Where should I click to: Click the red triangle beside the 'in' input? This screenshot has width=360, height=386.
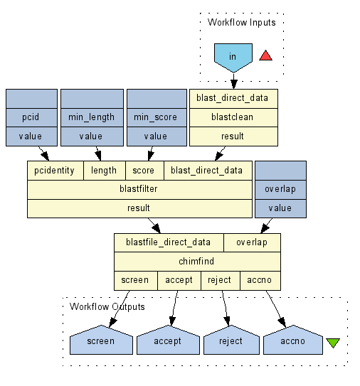265,56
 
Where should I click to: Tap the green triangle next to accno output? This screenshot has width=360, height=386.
333,343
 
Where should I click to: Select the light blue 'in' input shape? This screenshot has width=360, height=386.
233,58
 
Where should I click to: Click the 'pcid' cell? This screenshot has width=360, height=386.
31,117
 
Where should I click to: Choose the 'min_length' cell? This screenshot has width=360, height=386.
92,117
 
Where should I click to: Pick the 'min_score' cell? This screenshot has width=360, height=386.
157,117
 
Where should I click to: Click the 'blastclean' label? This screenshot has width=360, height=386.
232,117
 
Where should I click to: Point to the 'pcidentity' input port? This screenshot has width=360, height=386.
55,171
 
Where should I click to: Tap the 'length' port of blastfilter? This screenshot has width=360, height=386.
105,171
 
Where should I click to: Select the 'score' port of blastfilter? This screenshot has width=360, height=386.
144,171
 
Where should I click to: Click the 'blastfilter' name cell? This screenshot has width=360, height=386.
139,189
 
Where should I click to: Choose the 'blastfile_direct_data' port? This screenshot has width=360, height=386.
169,242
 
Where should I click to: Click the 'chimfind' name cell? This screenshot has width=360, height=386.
197,262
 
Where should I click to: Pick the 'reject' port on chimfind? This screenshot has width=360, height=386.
221,280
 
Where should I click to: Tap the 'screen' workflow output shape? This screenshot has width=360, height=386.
101,340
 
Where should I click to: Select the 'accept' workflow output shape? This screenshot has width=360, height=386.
169,340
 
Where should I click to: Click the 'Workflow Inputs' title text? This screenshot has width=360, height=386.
241,23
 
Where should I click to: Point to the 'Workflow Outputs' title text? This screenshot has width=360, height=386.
107,306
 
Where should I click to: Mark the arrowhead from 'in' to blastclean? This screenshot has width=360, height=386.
233,84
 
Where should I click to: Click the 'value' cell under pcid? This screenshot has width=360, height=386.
31,136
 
